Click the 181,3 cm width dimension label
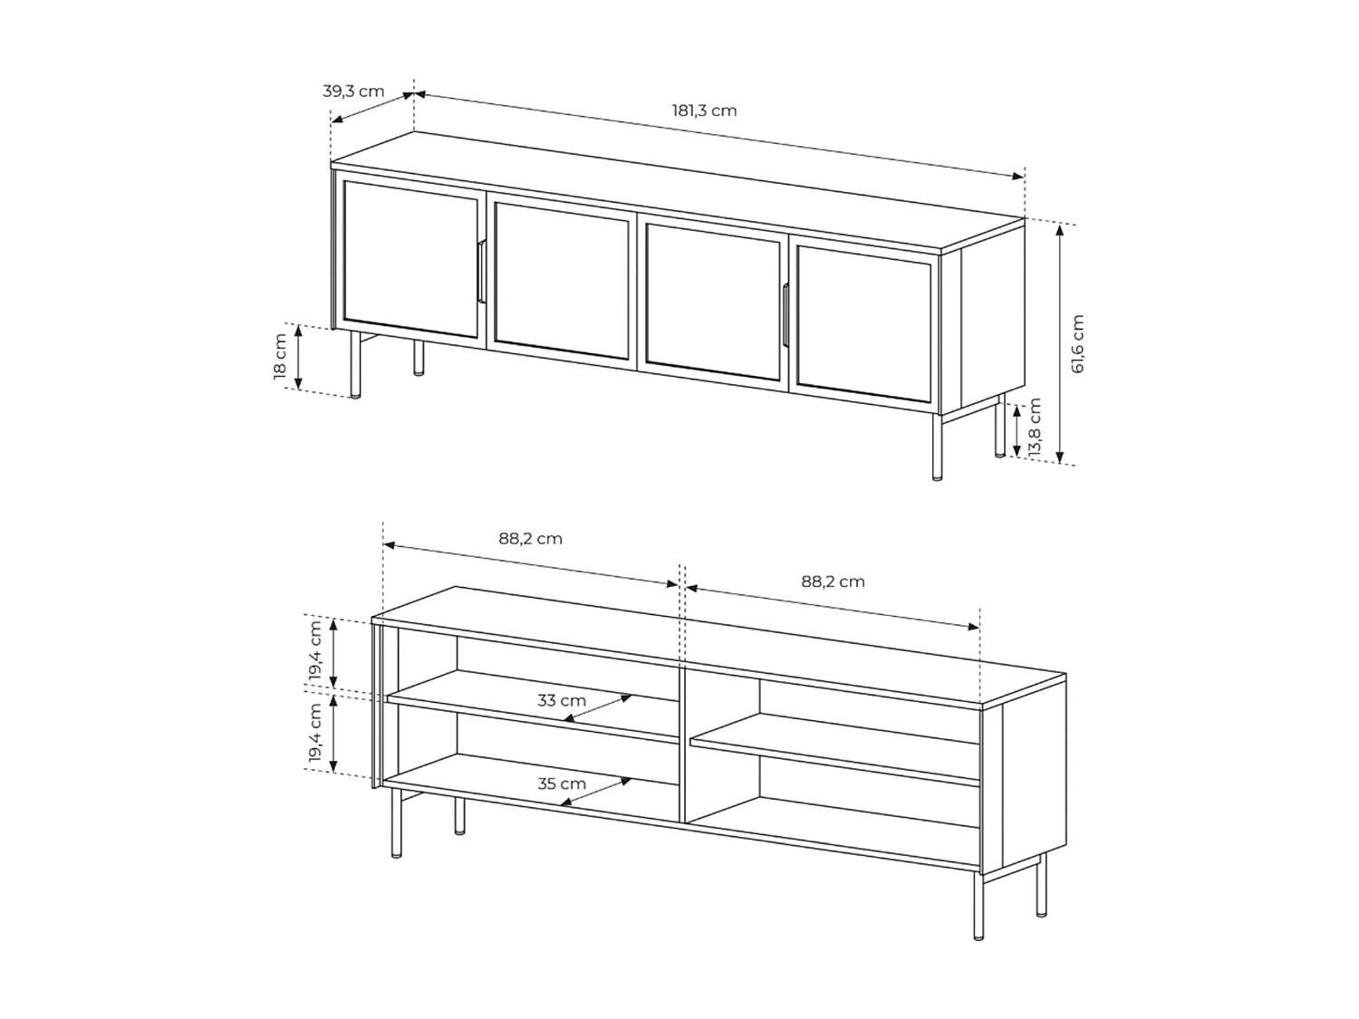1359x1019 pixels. point(704,111)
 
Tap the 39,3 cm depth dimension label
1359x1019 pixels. point(353,91)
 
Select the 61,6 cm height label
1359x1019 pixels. point(1077,344)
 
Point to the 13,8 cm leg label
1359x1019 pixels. point(1035,428)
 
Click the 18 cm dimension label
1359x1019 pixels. point(281,357)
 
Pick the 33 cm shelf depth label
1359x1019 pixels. point(562,701)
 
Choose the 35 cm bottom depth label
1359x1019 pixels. point(562,784)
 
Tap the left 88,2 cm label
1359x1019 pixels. point(530,539)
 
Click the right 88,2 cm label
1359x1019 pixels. point(833,582)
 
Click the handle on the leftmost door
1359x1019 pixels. point(482,272)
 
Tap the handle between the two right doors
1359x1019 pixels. point(786,314)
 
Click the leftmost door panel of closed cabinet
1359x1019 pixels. point(410,259)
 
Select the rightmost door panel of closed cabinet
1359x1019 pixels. point(863,324)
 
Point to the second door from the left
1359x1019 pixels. point(562,281)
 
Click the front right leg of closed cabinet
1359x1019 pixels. point(937,447)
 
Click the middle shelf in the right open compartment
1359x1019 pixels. point(834,747)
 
